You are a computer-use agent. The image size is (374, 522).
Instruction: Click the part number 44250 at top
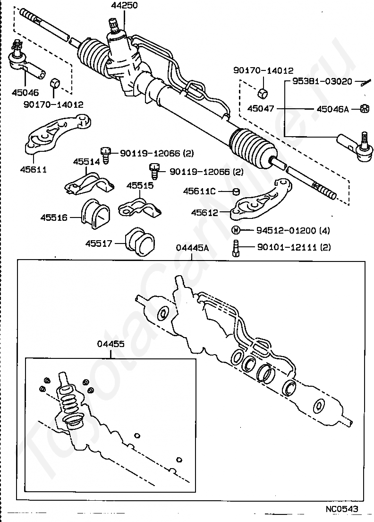pyautogui.click(x=124, y=5)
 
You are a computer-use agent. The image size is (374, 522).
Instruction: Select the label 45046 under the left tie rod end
pyautogui.click(x=25, y=92)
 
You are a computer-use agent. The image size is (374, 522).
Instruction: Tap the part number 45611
pyautogui.click(x=33, y=169)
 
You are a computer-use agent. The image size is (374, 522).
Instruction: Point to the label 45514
pyautogui.click(x=86, y=162)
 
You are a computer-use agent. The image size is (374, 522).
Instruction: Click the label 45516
pyautogui.click(x=54, y=217)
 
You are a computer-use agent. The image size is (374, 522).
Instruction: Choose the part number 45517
pyautogui.click(x=99, y=244)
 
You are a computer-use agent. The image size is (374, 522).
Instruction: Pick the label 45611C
pyautogui.click(x=199, y=191)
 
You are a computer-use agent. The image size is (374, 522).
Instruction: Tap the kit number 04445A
pyautogui.click(x=192, y=248)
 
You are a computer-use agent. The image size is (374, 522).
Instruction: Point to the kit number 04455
pyautogui.click(x=110, y=344)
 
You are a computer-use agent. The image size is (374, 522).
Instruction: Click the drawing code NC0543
pyautogui.click(x=342, y=509)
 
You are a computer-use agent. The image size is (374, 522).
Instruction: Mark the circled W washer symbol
pyautogui.click(x=235, y=230)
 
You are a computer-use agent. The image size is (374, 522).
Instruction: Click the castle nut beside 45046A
pyautogui.click(x=365, y=109)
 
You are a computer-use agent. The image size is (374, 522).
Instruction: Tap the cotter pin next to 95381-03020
pyautogui.click(x=366, y=83)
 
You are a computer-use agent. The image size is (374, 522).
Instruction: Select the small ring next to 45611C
pyautogui.click(x=236, y=191)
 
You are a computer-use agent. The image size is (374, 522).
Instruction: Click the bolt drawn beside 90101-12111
pyautogui.click(x=235, y=248)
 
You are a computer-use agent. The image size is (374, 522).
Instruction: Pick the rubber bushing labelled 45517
pyautogui.click(x=140, y=242)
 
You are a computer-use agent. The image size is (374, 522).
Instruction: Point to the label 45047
pyautogui.click(x=261, y=109)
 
